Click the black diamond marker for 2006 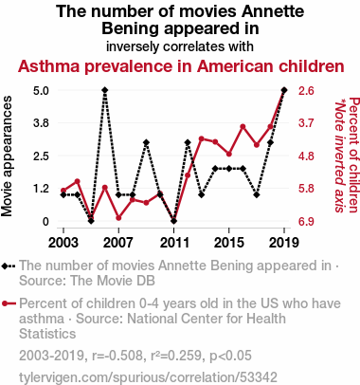click(105, 90)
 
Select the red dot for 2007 click(118, 218)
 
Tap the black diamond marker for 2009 click(146, 142)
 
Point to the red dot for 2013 click(202, 138)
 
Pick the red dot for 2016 click(243, 127)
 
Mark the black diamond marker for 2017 click(257, 194)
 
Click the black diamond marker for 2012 click(188, 142)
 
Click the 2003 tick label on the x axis click(63, 243)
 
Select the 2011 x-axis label click(174, 243)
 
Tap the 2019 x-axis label click(284, 243)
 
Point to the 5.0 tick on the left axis click(41, 91)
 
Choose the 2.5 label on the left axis click(41, 156)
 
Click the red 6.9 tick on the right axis click(306, 222)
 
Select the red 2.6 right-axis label click(306, 91)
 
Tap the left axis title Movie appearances click(7, 156)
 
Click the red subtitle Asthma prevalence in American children click(181, 66)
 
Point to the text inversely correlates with click(180, 46)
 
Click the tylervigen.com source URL click(148, 377)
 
